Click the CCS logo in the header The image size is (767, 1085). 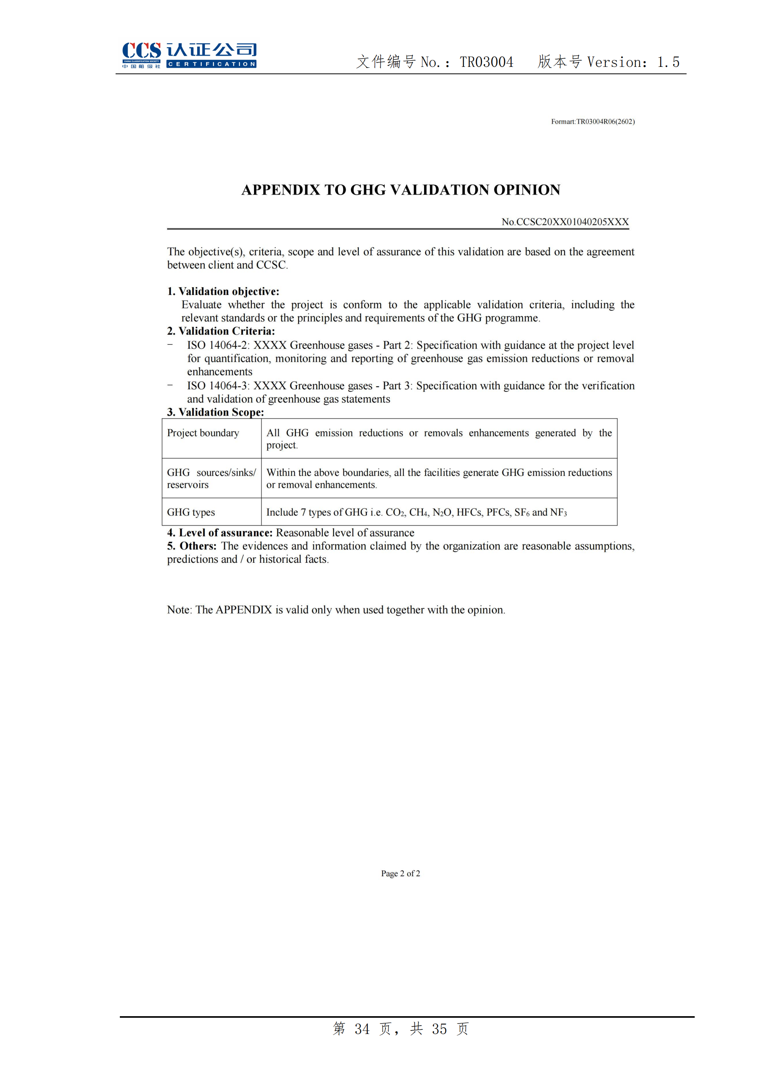tap(141, 55)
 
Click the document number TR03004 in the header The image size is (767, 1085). tap(486, 62)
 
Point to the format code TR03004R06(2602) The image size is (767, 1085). tap(605, 121)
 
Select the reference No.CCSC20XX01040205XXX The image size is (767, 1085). tap(565, 222)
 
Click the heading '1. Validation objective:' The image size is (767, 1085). tap(223, 291)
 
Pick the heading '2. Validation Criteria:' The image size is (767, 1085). tap(221, 331)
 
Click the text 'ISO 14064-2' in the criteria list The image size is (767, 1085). tap(217, 346)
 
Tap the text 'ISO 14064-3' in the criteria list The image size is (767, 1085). tap(217, 386)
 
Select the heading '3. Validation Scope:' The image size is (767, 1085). tap(215, 412)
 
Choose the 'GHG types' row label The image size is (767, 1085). tap(191, 512)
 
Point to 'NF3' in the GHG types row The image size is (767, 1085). tap(558, 513)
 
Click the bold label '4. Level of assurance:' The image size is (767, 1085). tap(220, 533)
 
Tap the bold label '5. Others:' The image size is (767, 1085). tap(191, 546)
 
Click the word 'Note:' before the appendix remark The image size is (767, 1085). tap(179, 610)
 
